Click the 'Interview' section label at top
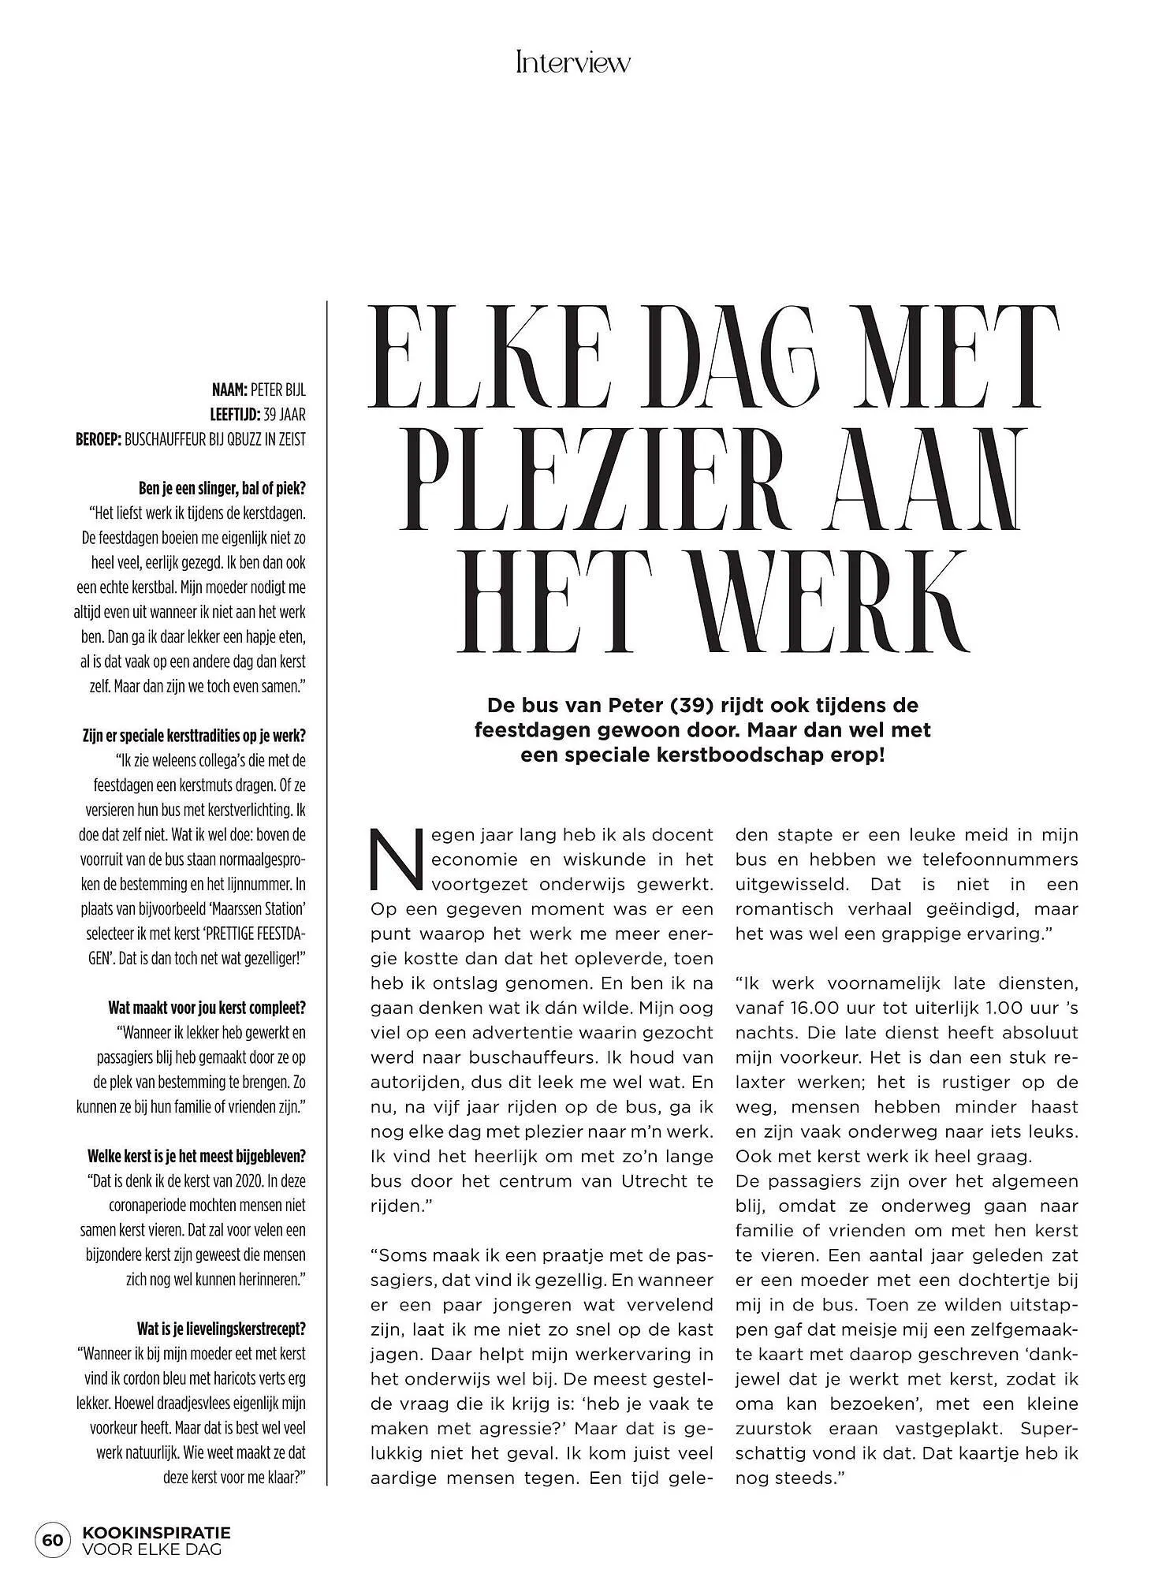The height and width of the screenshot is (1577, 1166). pyautogui.click(x=573, y=62)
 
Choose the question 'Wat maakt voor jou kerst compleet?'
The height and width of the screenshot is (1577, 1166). pyautogui.click(x=207, y=1008)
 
